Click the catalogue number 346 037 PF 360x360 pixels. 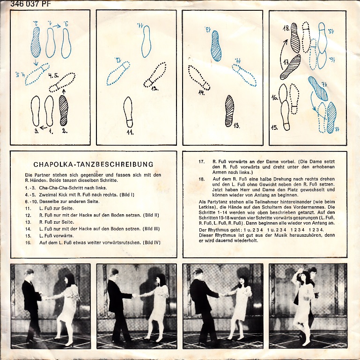(x=30, y=3)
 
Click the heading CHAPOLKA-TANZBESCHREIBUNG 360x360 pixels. (x=94, y=165)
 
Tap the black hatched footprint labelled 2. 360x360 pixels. (x=63, y=110)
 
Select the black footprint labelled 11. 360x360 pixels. (x=128, y=112)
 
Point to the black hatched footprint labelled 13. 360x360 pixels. (x=229, y=111)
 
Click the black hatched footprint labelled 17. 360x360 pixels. (x=290, y=67)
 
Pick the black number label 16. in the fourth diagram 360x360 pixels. (x=275, y=97)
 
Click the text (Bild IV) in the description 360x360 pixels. (x=152, y=242)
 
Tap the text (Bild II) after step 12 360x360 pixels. (x=151, y=215)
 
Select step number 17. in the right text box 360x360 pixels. (x=202, y=162)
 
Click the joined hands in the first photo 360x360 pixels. (x=44, y=298)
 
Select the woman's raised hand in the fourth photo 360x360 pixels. (x=298, y=270)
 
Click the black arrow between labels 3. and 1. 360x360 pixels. (x=44, y=127)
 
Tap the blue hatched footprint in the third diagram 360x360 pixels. (x=216, y=45)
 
